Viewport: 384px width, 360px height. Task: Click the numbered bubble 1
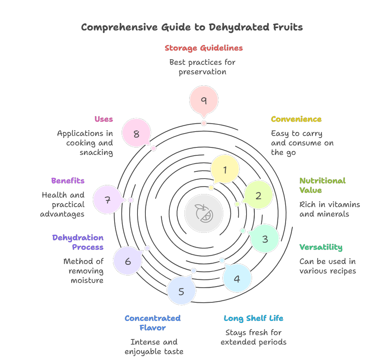225,169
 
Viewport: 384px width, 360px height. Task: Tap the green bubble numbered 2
258,195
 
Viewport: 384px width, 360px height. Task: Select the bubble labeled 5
181,291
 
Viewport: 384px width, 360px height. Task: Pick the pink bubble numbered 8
136,133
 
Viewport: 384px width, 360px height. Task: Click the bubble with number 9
204,100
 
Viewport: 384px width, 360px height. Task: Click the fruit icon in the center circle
204,213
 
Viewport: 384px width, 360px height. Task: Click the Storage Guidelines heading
203,48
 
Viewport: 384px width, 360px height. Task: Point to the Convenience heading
296,119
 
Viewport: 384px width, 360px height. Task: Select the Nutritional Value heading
322,185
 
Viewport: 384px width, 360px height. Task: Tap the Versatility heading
321,247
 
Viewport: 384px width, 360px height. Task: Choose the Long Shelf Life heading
253,319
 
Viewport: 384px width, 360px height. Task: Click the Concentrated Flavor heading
152,323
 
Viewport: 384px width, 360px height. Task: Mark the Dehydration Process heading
78,242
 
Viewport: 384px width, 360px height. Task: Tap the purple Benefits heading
68,181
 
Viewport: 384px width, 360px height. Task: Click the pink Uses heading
104,119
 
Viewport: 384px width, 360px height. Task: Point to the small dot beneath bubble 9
204,123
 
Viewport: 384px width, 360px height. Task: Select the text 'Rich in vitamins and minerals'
329,209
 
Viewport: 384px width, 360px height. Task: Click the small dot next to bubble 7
131,200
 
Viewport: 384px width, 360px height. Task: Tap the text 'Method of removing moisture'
84,271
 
